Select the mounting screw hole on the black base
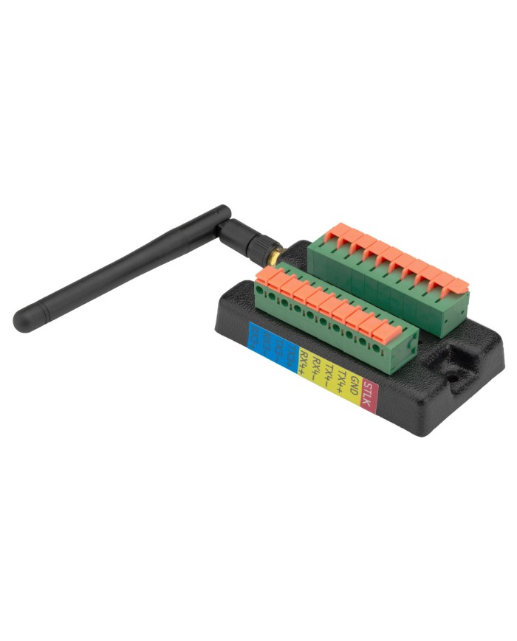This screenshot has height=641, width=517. [452, 369]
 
